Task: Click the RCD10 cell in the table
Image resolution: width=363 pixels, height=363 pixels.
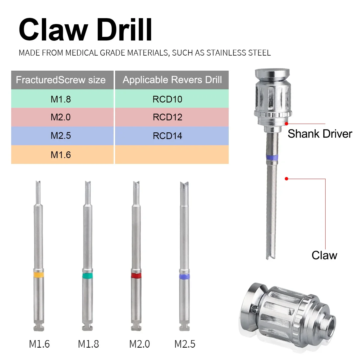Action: click(x=172, y=99)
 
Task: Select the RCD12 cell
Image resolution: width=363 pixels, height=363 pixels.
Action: click(x=172, y=117)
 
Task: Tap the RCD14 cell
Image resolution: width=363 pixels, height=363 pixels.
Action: click(x=172, y=136)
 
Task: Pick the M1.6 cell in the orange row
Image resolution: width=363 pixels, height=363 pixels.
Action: click(x=62, y=154)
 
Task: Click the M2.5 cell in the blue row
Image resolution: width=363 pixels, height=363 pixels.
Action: click(x=62, y=136)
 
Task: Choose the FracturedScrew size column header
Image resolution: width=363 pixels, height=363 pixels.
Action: click(x=62, y=80)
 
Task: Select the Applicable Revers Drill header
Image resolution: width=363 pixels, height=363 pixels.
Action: click(x=172, y=80)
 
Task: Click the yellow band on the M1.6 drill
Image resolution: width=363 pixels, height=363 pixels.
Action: click(x=39, y=275)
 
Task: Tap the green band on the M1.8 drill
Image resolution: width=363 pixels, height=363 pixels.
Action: click(x=88, y=276)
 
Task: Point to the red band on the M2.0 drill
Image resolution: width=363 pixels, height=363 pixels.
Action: click(x=136, y=276)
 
